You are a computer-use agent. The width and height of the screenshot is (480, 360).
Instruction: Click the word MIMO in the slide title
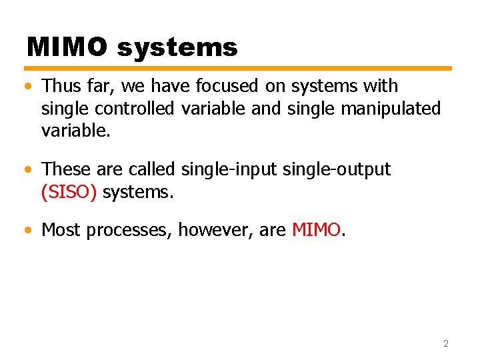tap(67, 47)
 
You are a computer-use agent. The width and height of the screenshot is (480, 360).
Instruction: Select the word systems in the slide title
tap(177, 47)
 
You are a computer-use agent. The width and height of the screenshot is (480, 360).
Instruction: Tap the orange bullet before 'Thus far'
tap(26, 87)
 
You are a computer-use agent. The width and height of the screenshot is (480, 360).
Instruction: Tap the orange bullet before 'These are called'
tap(26, 170)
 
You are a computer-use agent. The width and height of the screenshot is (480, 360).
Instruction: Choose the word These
tap(66, 169)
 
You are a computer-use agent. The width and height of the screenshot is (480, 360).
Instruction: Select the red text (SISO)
tap(69, 192)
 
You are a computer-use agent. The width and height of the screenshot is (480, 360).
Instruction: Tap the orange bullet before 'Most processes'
tap(26, 231)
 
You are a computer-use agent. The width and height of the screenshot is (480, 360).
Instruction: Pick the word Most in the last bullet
tap(61, 230)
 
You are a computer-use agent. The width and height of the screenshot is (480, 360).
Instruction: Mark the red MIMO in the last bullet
tap(316, 230)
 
